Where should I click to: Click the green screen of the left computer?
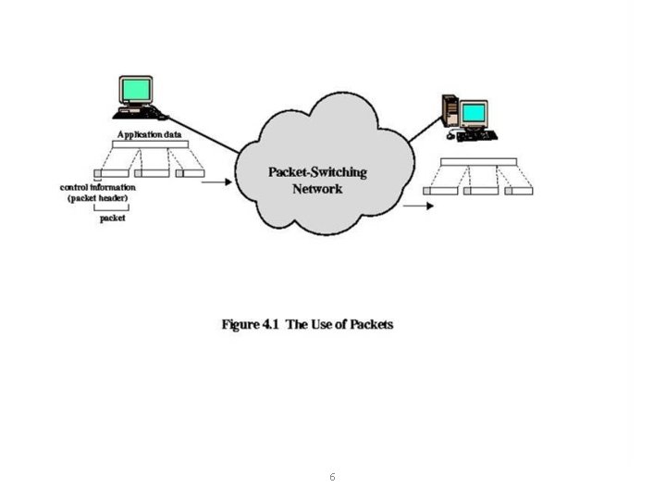135,90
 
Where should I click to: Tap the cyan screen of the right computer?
475,113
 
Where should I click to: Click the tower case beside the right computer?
450,112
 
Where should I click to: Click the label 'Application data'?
149,134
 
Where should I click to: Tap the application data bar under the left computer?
150,144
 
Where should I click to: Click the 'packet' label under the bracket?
113,219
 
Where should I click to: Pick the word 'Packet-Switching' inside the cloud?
317,172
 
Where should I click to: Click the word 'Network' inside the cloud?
317,188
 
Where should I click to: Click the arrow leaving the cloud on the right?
418,206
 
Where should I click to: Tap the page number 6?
332,477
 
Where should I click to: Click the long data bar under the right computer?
477,162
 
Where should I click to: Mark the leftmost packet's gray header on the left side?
99,172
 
